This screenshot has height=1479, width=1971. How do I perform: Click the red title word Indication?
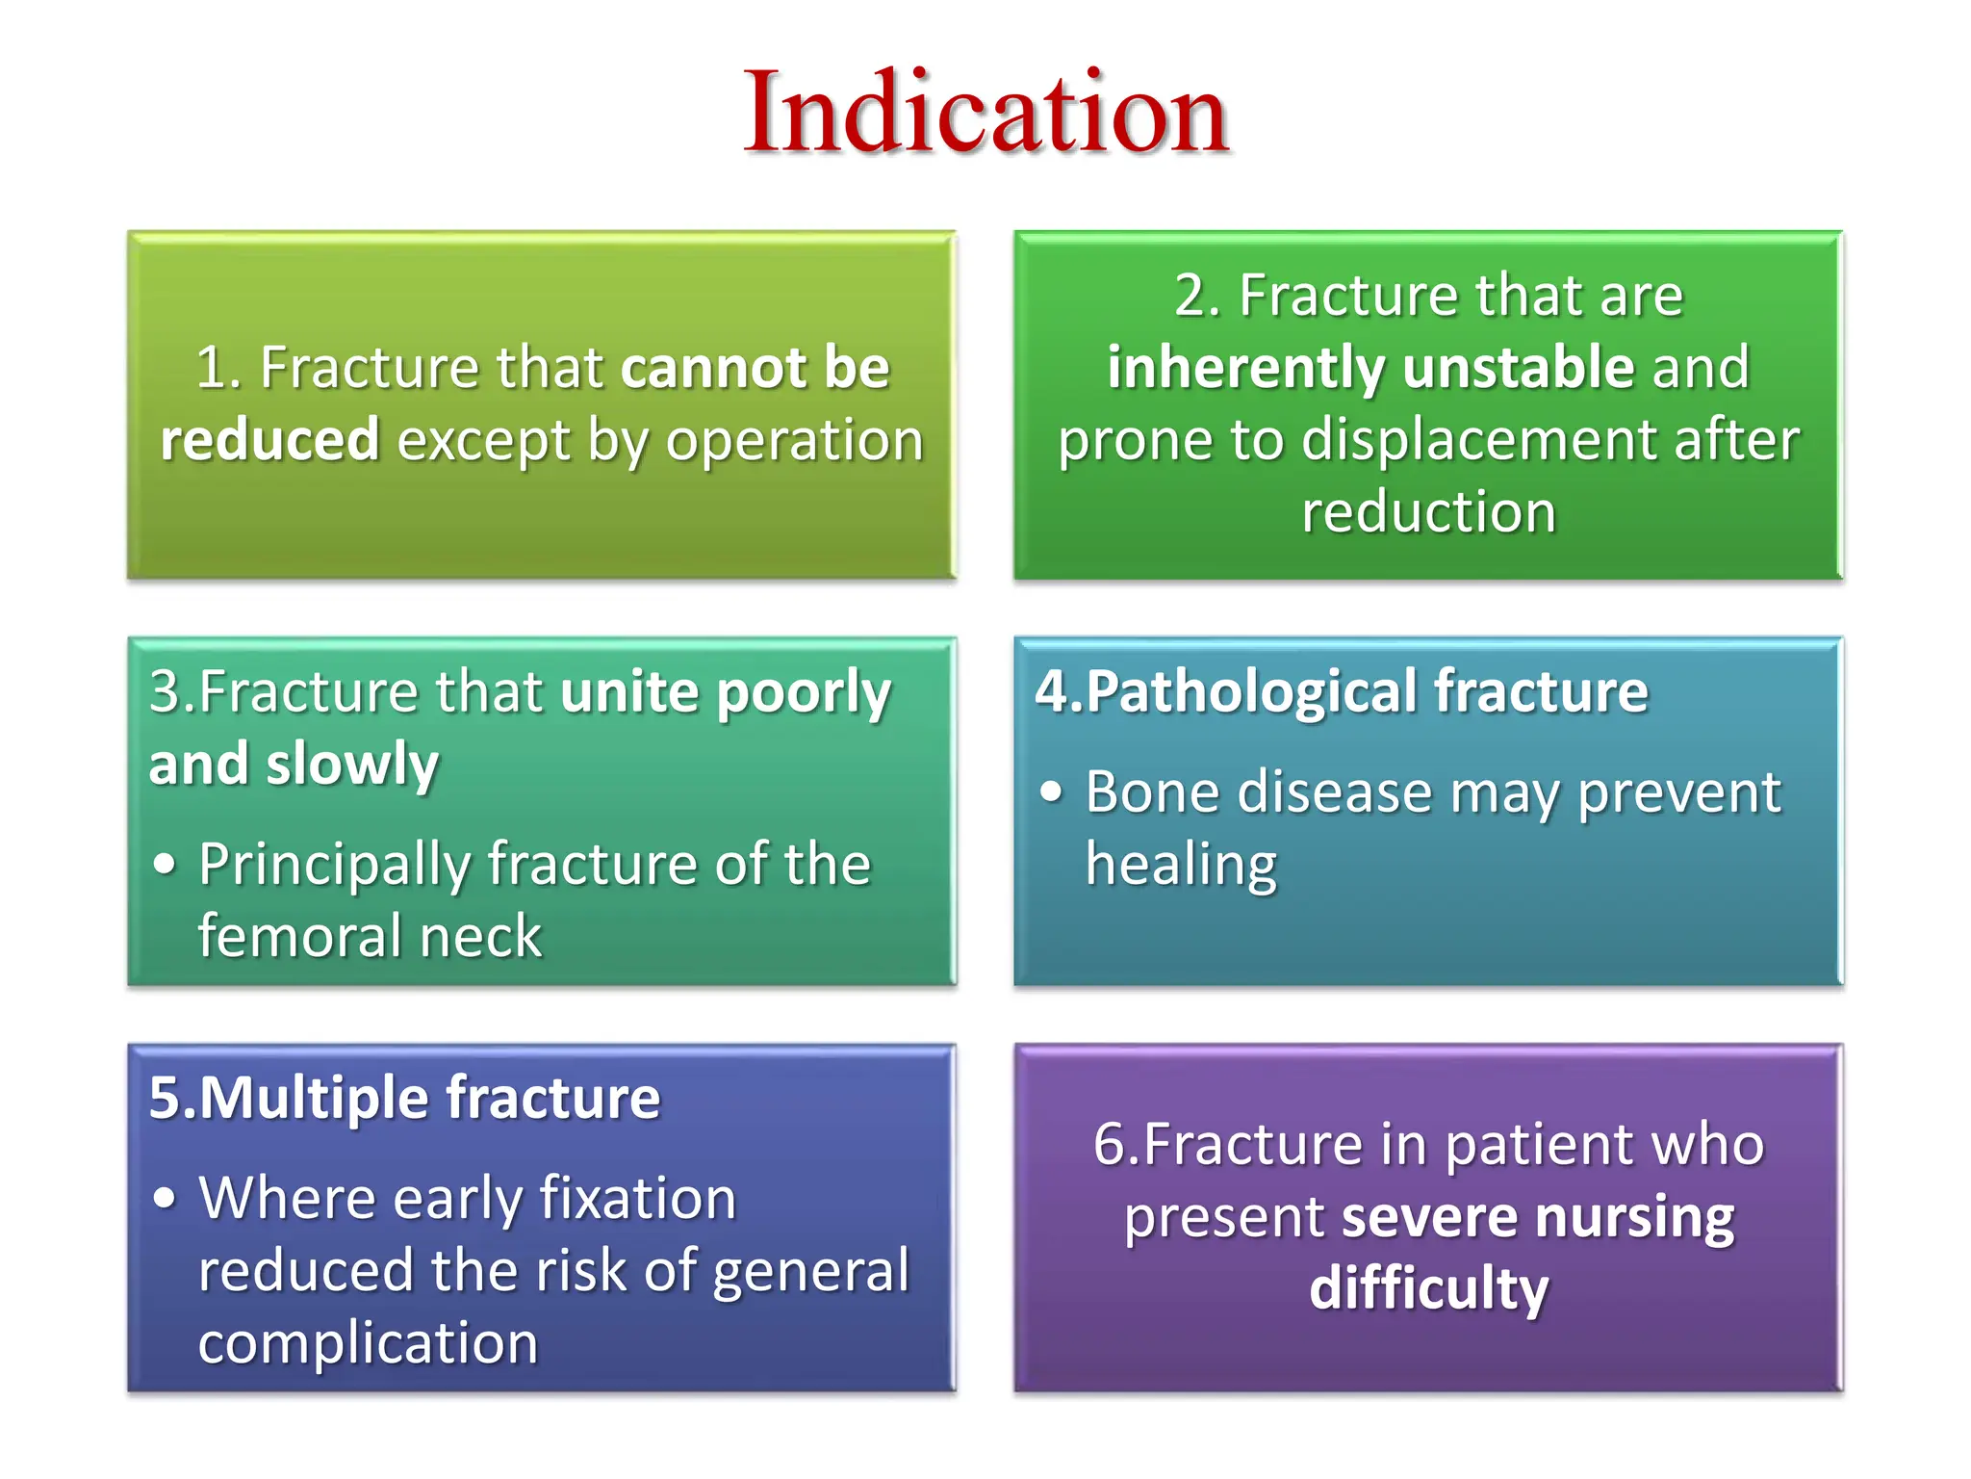click(x=985, y=114)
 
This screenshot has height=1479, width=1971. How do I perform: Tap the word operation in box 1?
click(x=794, y=441)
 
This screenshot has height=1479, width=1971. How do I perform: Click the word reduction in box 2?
click(x=1428, y=511)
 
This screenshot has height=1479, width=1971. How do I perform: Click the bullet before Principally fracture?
click(x=165, y=864)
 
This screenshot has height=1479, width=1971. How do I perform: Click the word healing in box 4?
click(x=1181, y=864)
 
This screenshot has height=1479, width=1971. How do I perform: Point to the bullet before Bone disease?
click(x=1051, y=791)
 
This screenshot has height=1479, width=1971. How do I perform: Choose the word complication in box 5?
click(x=368, y=1343)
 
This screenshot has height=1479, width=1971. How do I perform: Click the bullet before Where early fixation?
click(x=165, y=1199)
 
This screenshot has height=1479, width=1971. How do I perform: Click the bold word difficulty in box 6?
click(x=1428, y=1289)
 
